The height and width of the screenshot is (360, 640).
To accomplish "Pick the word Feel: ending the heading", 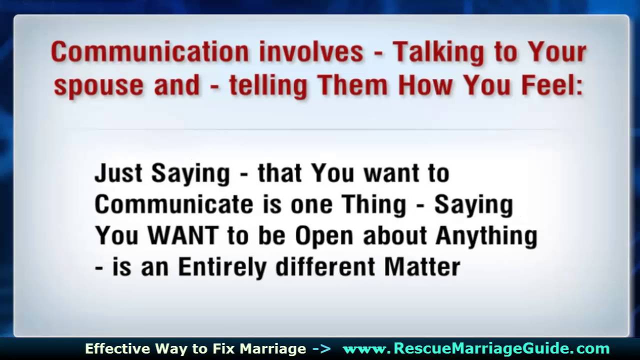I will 552,85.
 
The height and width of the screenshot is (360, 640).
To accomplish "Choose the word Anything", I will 486,236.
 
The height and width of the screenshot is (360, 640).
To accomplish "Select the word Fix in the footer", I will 223,348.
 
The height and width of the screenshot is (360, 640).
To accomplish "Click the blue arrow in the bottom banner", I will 321,348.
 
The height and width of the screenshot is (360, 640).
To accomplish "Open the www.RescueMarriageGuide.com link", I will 476,348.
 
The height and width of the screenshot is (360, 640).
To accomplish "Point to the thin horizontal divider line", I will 320,129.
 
